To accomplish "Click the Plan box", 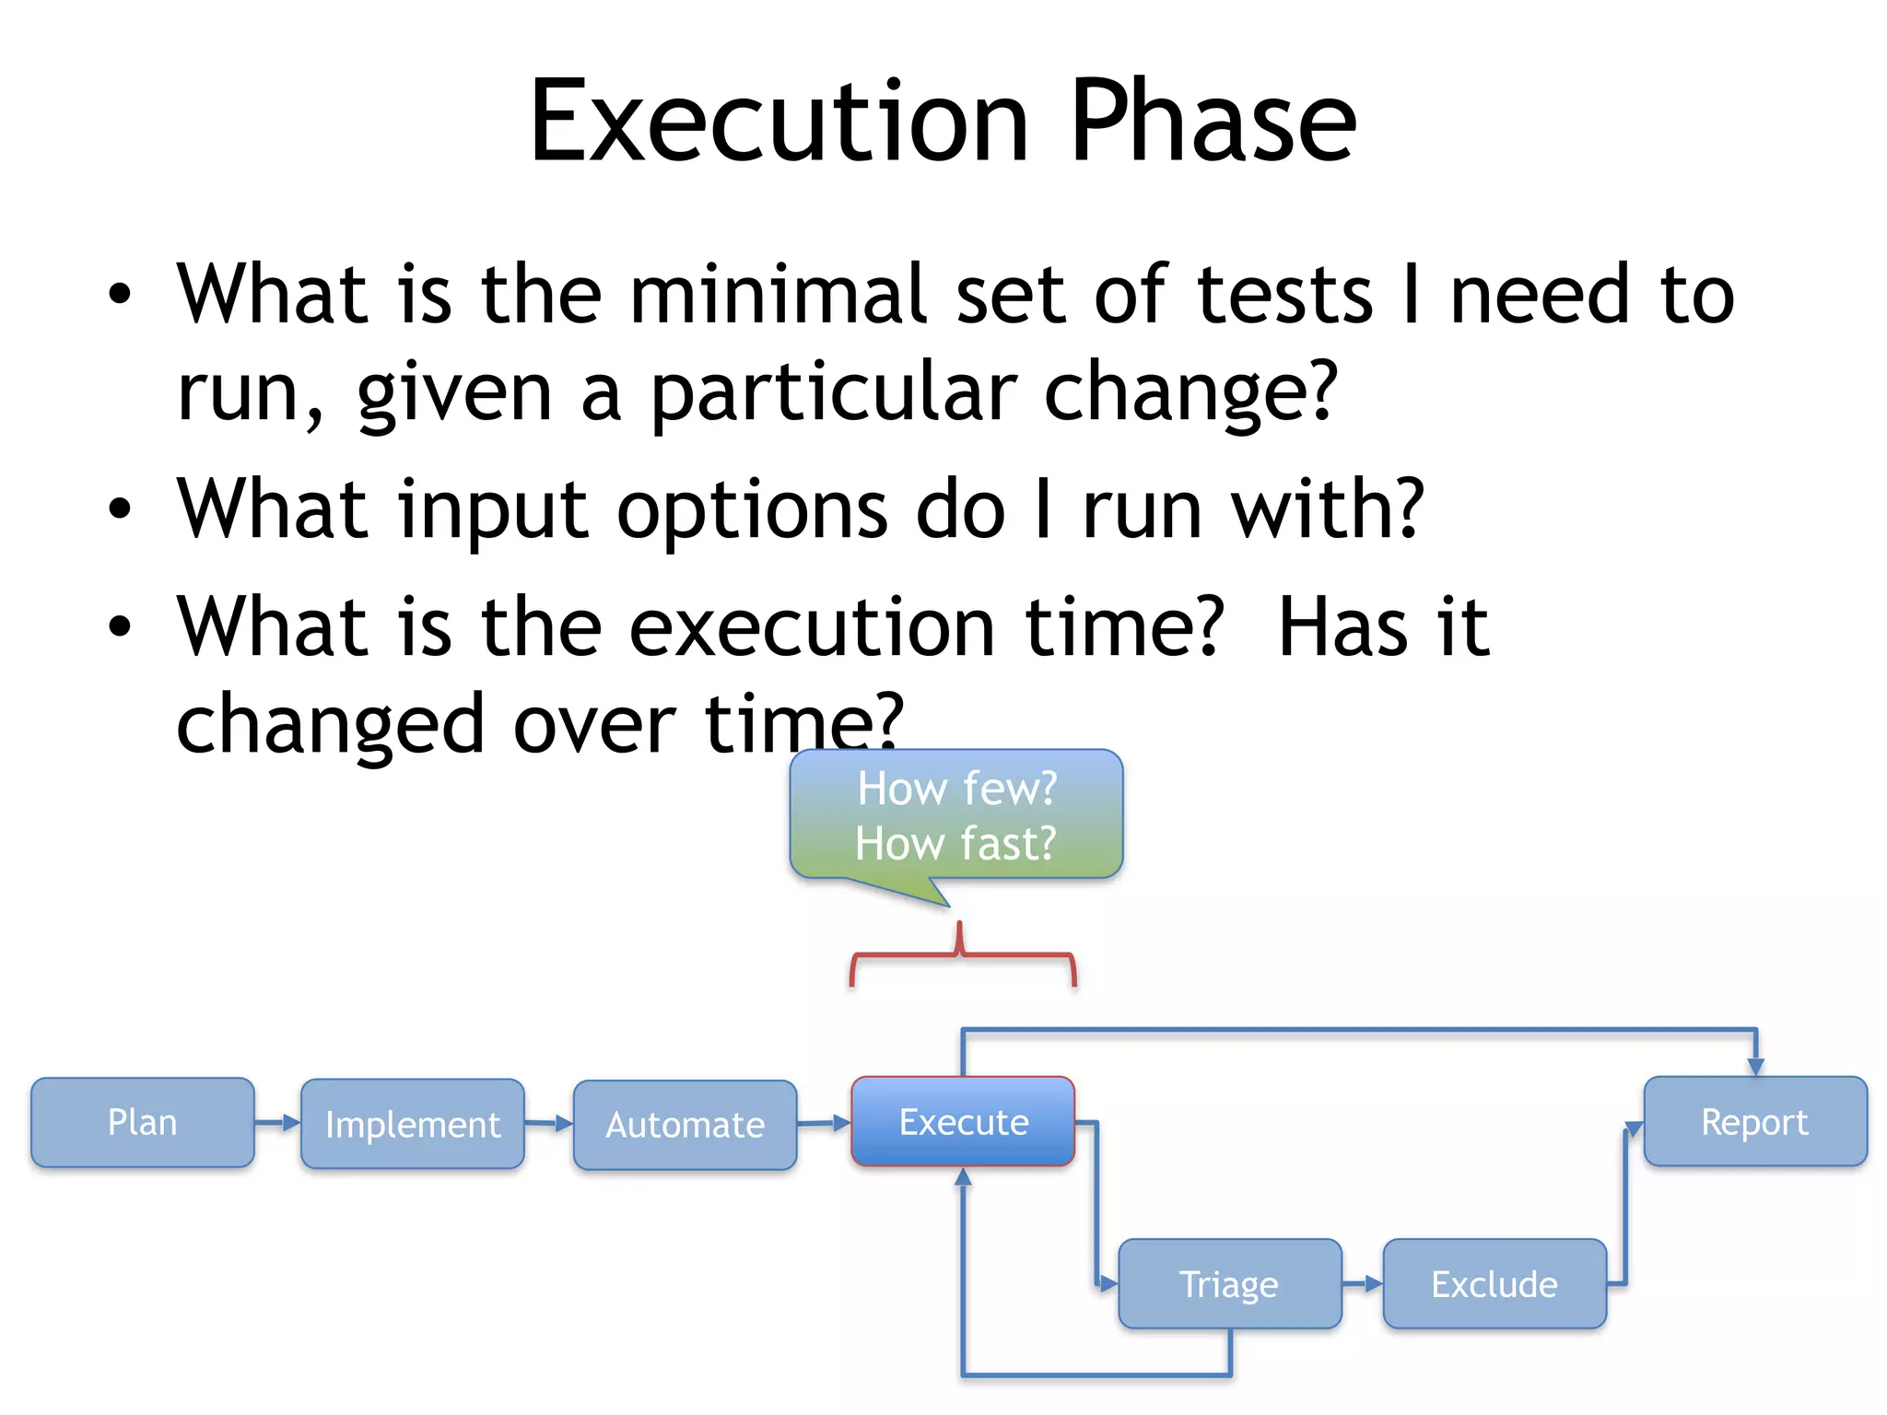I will coord(142,1122).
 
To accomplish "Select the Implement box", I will coord(412,1124).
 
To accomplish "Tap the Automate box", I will coord(685,1125).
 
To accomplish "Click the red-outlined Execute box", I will coord(963,1121).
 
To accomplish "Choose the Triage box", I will coord(1229,1283).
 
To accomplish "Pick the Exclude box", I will coord(1494,1283).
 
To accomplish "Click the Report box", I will coord(1754,1121).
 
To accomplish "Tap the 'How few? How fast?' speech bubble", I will coord(955,814).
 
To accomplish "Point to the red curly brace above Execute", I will coord(962,956).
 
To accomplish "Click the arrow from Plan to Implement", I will coord(277,1122).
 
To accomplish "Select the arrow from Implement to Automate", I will coord(548,1123).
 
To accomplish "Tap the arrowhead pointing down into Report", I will coord(1755,1066).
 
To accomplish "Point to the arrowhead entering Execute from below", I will coord(963,1177).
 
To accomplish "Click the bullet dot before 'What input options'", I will coord(120,509).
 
